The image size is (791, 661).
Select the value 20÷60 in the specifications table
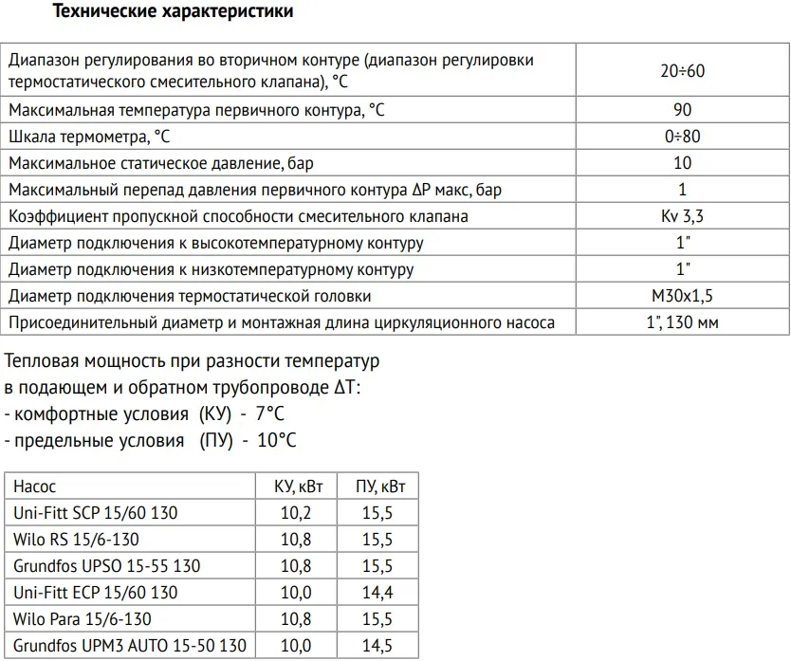pyautogui.click(x=682, y=71)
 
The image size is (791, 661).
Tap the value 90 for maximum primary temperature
pyautogui.click(x=682, y=110)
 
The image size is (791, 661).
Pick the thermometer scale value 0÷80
pyautogui.click(x=682, y=137)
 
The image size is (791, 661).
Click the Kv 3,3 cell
pyautogui.click(x=682, y=216)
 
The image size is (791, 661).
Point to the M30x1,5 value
pyautogui.click(x=682, y=296)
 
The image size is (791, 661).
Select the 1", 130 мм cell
pyautogui.click(x=682, y=322)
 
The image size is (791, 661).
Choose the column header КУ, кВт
pyautogui.click(x=299, y=487)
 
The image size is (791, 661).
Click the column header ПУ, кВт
pyautogui.click(x=380, y=487)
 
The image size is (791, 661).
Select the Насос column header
pyautogui.click(x=35, y=487)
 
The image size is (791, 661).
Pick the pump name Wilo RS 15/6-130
pyautogui.click(x=76, y=540)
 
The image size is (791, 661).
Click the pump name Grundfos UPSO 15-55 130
pyautogui.click(x=106, y=566)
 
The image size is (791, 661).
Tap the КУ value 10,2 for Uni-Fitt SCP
pyautogui.click(x=299, y=513)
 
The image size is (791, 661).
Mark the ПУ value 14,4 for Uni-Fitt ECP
pyautogui.click(x=380, y=593)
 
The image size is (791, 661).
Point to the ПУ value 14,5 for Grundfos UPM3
pyautogui.click(x=380, y=646)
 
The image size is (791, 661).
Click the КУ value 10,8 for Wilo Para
pyautogui.click(x=299, y=619)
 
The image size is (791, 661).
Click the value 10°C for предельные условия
pyautogui.click(x=276, y=441)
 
